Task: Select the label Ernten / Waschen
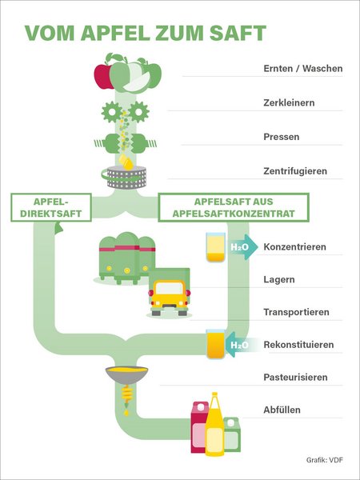tap(302, 69)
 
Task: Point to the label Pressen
tap(282, 137)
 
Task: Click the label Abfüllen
tap(282, 410)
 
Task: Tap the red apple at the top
tap(104, 76)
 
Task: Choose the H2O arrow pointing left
tap(239, 345)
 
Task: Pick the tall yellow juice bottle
tap(214, 427)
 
